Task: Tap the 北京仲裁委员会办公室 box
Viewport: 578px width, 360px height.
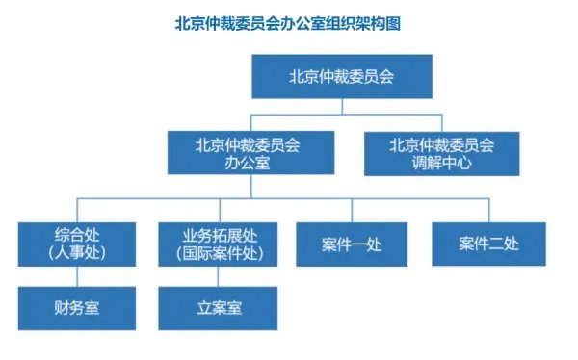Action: [x=248, y=154]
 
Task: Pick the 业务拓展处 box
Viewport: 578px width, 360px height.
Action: [x=220, y=244]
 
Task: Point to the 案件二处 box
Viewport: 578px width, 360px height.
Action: [x=488, y=244]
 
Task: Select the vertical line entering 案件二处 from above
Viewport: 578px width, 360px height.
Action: [x=488, y=211]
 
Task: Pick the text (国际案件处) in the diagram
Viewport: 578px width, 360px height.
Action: [x=220, y=254]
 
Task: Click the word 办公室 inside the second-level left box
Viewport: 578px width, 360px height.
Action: [x=248, y=164]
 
